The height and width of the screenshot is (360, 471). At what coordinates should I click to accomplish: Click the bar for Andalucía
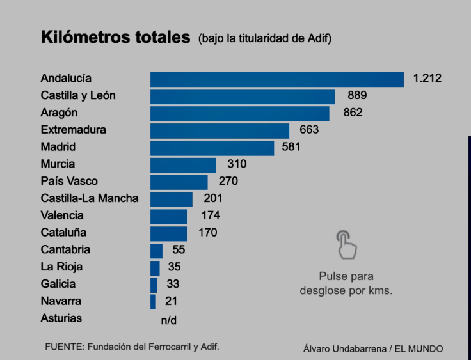click(276, 79)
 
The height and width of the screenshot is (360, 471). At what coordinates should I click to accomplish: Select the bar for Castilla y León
click(243, 96)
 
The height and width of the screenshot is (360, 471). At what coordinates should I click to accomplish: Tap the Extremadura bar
click(220, 130)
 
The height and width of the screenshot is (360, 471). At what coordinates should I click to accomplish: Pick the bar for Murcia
click(183, 165)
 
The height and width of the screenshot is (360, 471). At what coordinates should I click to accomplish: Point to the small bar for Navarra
click(153, 302)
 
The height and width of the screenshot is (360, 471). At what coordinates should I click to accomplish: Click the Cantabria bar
click(156, 250)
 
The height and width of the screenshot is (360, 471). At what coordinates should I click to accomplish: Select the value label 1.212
click(427, 79)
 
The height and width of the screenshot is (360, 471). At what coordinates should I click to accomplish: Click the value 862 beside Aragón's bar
click(353, 113)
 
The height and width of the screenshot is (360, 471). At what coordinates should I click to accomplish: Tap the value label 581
click(291, 147)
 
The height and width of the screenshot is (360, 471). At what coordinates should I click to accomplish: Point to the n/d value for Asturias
click(168, 319)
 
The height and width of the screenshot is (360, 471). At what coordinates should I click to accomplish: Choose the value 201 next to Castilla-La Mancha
click(212, 198)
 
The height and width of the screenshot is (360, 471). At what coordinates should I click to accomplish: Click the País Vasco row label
click(69, 182)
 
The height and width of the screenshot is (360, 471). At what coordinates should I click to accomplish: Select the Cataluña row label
click(63, 233)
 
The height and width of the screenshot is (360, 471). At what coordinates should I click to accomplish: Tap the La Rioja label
click(61, 267)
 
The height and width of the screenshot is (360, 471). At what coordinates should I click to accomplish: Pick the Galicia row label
click(58, 284)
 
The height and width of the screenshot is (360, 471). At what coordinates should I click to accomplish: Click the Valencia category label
click(62, 215)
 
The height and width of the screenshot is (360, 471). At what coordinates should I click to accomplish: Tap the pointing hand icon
click(346, 245)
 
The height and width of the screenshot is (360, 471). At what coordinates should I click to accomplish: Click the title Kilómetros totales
click(115, 37)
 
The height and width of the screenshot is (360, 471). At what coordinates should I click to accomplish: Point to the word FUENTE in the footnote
click(63, 347)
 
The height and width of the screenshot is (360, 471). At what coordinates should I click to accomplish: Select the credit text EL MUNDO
click(419, 348)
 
